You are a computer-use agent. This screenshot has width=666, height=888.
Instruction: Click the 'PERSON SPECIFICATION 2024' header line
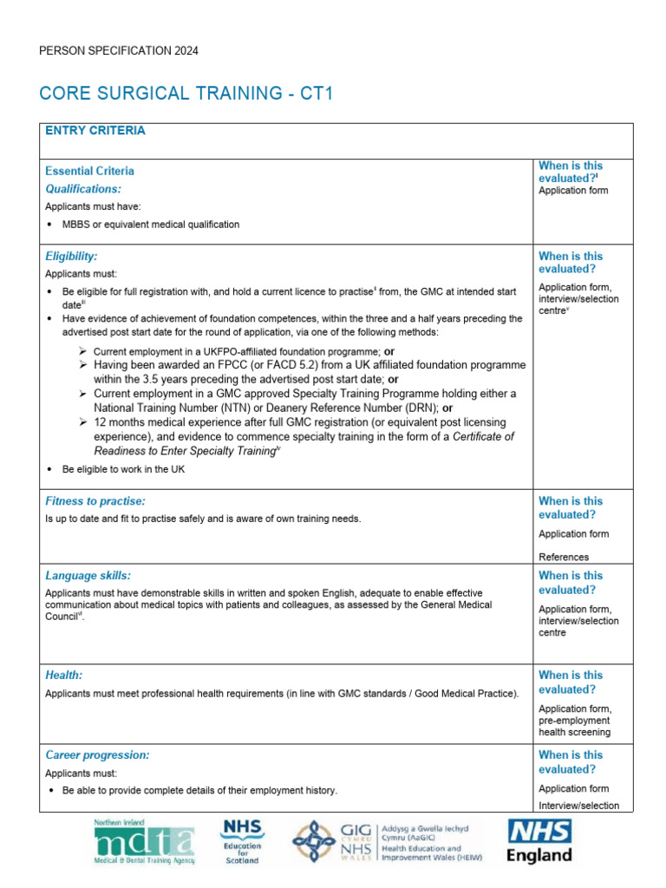119,51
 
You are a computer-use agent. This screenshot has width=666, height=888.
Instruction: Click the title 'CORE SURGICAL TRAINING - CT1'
186,94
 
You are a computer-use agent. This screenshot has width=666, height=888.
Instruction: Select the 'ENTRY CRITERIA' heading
95,131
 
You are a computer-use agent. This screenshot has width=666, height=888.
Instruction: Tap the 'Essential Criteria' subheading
89,171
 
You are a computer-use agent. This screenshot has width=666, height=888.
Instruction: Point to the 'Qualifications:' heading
83,188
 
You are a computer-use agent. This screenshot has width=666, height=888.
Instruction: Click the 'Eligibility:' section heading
71,257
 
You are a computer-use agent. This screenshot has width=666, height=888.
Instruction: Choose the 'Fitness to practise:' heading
95,501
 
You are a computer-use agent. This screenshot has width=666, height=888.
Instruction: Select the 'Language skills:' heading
88,576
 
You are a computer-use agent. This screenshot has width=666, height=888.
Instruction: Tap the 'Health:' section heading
64,675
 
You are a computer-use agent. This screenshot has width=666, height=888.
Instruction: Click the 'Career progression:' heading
97,755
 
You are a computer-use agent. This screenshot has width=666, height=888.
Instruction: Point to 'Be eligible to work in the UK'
123,469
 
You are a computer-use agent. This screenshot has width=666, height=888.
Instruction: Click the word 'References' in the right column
564,557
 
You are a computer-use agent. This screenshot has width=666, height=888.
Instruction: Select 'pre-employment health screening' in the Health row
574,726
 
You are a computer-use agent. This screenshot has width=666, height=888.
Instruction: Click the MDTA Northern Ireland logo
144,841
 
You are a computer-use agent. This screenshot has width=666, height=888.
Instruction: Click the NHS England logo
539,841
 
